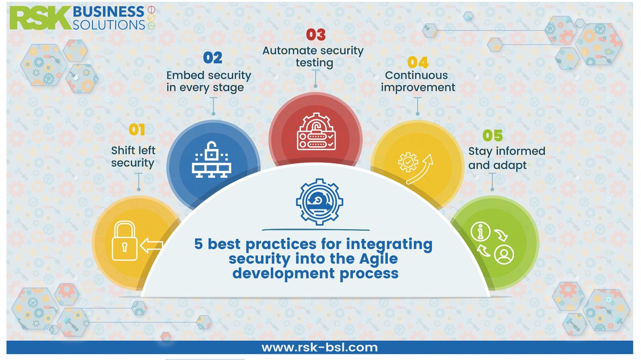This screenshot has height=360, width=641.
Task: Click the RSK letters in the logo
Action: (x=39, y=18)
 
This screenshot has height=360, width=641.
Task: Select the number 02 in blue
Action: (x=213, y=58)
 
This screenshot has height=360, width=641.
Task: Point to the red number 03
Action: (x=315, y=35)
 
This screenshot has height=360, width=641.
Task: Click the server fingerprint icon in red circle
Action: (x=316, y=133)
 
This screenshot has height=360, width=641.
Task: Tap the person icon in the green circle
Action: (x=503, y=254)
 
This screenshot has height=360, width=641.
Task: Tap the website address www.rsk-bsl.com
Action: (x=319, y=348)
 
